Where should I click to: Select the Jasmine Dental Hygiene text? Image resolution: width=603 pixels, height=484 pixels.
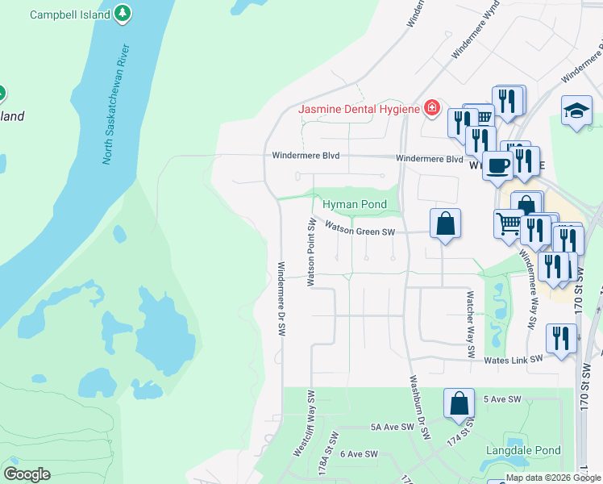pyautogui.click(x=360, y=108)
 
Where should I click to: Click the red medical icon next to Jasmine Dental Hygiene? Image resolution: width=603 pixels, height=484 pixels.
pyautogui.click(x=432, y=107)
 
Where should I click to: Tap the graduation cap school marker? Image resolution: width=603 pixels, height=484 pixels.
pyautogui.click(x=577, y=111)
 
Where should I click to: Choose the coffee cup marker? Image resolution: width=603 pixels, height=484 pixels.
pyautogui.click(x=497, y=165)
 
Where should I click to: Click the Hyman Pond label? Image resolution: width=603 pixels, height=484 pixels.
pyautogui.click(x=355, y=205)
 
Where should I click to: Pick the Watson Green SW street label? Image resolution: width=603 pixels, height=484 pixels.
pyautogui.click(x=360, y=230)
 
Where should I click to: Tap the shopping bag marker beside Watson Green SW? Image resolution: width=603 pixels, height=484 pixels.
pyautogui.click(x=445, y=223)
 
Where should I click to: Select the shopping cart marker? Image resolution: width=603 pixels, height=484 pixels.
pyautogui.click(x=509, y=223)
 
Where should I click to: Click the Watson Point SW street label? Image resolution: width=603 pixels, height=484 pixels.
pyautogui.click(x=310, y=252)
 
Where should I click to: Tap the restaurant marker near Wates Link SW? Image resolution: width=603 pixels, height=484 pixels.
pyautogui.click(x=561, y=338)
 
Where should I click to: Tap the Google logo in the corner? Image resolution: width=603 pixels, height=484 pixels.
pyautogui.click(x=27, y=474)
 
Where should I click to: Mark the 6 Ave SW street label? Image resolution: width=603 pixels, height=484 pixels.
pyautogui.click(x=359, y=454)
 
